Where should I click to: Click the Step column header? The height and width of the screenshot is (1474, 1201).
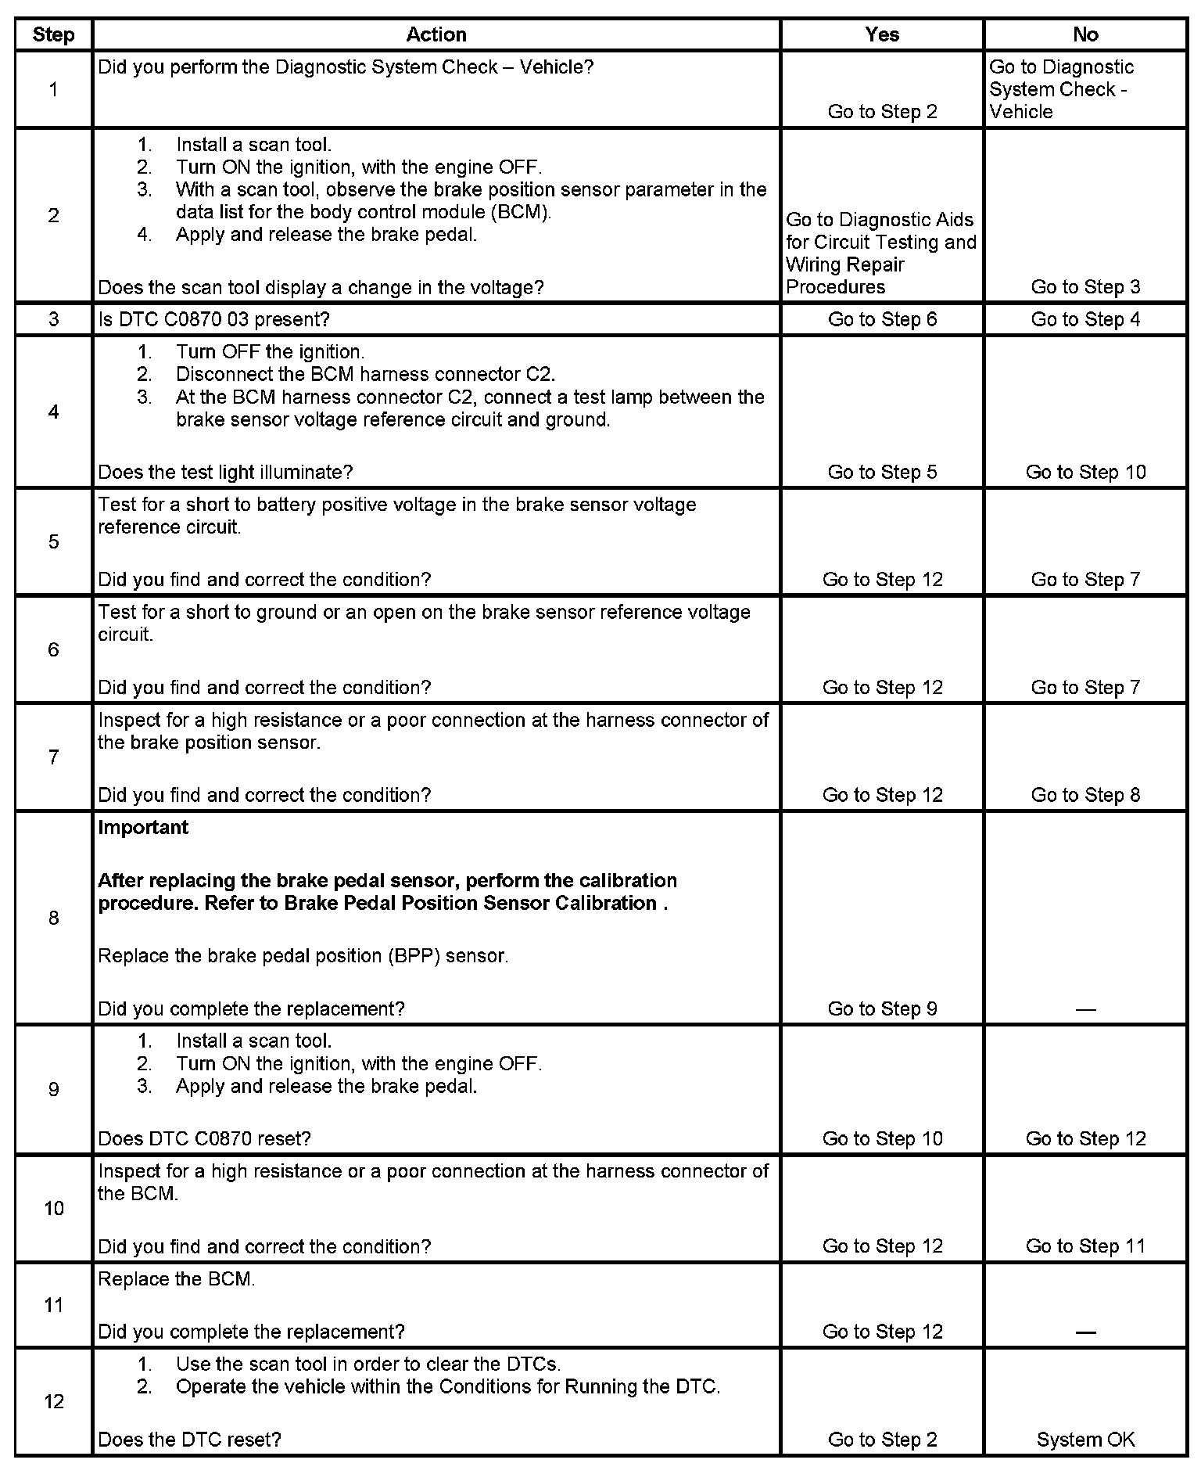point(53,35)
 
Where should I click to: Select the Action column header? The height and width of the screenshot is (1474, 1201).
point(436,35)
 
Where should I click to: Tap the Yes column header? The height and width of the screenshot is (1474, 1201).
point(881,35)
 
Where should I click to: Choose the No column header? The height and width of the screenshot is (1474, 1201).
point(1085,35)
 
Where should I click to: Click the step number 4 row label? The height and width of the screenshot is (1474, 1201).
point(53,412)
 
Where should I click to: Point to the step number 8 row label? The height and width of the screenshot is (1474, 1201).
point(53,918)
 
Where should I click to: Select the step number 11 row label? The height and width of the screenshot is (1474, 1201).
point(53,1305)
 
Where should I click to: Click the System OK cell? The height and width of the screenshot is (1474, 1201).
point(1085,1440)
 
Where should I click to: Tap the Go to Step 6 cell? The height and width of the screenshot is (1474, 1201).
point(882,319)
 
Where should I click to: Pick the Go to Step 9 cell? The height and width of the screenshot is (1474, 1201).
point(882,1008)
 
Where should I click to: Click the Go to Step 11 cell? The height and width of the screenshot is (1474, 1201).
point(1085,1246)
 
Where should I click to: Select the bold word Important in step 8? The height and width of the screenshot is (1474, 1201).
point(143,828)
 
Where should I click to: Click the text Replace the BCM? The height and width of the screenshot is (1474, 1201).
point(177,1280)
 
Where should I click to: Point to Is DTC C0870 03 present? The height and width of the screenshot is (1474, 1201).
point(213,319)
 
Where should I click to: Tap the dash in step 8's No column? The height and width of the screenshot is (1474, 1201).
point(1085,1009)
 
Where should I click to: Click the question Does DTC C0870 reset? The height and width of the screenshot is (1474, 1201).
point(204,1138)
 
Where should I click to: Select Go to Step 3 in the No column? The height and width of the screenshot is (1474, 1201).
point(1085,287)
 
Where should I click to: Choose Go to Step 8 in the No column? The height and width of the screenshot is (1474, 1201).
point(1085,795)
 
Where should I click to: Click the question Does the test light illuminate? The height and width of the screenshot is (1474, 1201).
point(225,472)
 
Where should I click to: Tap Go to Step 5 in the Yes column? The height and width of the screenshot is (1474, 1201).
point(882,472)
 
